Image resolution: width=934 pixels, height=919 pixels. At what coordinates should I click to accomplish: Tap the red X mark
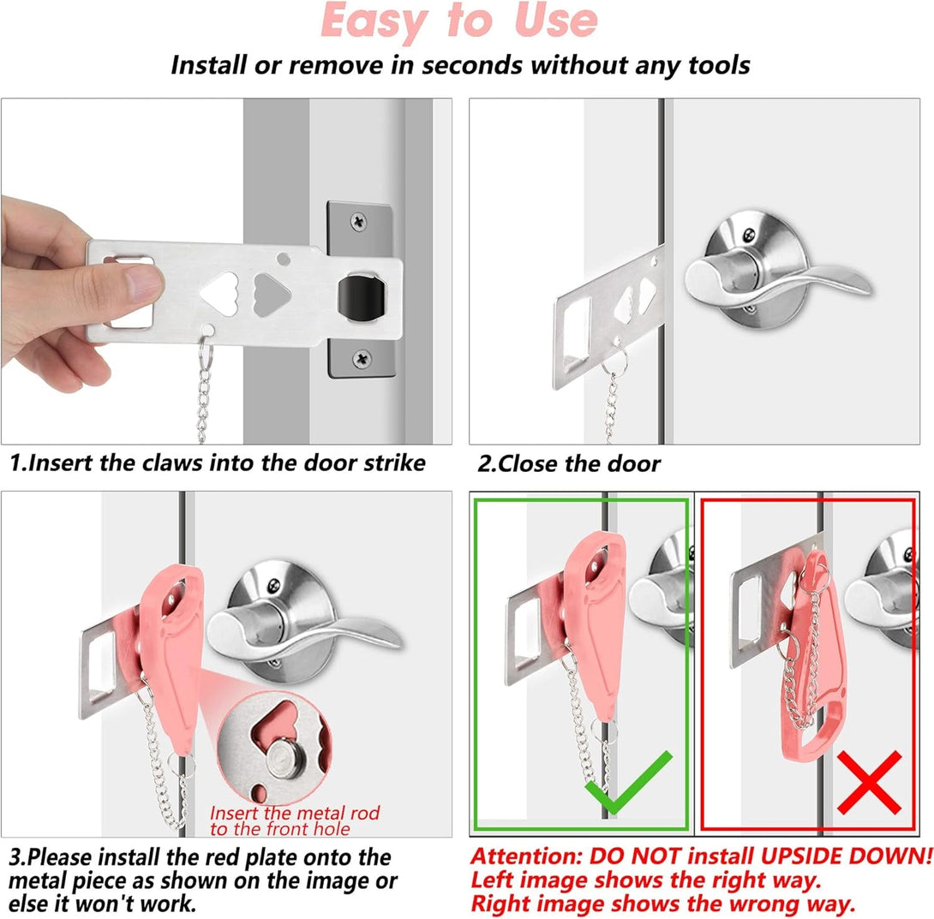(869, 782)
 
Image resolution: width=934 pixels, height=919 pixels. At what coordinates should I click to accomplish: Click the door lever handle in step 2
(771, 274)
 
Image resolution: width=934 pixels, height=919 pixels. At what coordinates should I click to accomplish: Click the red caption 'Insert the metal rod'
(294, 812)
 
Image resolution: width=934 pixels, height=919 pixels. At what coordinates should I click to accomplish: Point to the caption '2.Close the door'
(569, 464)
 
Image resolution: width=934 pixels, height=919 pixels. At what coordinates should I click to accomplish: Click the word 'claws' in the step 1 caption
(195, 463)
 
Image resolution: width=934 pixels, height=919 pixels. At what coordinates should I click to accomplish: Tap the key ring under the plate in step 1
(205, 345)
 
